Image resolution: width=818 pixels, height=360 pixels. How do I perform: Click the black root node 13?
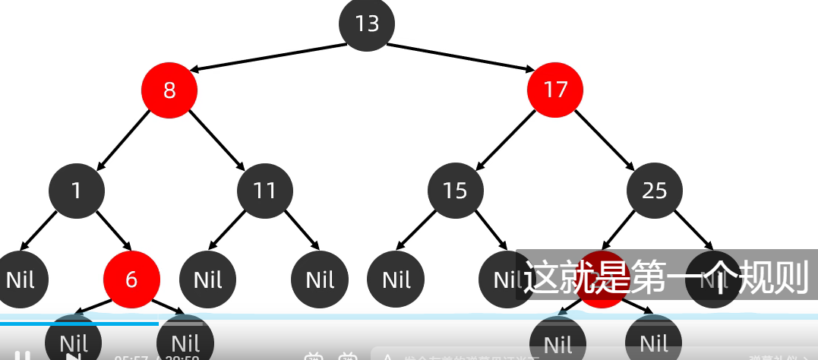click(x=367, y=24)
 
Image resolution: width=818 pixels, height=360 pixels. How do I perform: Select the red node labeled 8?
click(x=169, y=90)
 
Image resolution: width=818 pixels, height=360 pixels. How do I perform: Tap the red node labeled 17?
click(x=555, y=90)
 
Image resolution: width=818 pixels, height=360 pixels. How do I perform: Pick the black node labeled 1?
click(x=77, y=189)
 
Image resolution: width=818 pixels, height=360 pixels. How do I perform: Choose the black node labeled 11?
click(x=264, y=189)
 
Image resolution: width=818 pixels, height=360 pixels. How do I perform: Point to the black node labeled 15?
click(x=455, y=190)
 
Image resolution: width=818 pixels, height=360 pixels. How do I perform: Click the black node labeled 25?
click(x=654, y=190)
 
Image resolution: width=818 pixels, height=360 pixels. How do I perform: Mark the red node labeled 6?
click(x=131, y=279)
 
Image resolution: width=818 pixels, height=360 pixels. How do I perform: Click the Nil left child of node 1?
click(x=21, y=279)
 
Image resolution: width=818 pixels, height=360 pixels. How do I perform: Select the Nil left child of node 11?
click(x=207, y=279)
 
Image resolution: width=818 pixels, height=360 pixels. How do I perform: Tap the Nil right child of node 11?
click(x=320, y=279)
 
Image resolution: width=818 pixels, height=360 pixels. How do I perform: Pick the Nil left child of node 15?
click(x=396, y=279)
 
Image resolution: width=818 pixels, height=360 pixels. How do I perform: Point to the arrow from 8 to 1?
click(x=124, y=139)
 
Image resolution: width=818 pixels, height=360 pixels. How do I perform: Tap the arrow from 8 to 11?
click(x=216, y=139)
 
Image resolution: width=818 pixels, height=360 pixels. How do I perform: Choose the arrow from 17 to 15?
click(x=506, y=139)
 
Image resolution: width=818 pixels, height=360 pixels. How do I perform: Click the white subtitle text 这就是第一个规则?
click(x=666, y=278)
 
